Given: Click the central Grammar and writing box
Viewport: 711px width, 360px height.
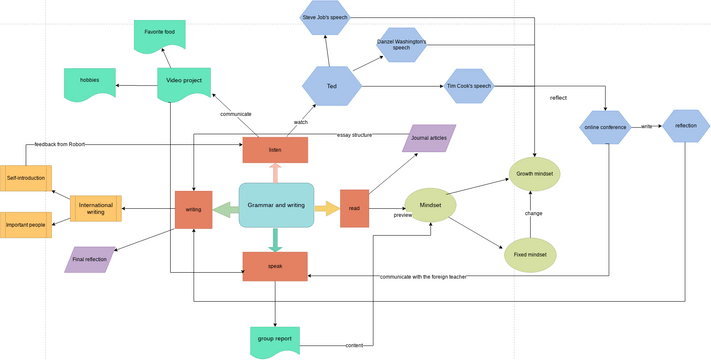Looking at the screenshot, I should tap(276, 204).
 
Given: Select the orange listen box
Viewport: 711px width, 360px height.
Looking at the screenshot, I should tap(275, 150).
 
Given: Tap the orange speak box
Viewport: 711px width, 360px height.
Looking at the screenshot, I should tap(275, 266).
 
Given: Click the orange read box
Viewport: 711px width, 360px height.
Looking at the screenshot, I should tap(355, 208).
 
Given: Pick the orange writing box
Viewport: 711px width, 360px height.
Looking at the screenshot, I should tap(193, 209).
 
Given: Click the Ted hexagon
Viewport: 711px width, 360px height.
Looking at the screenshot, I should tap(331, 87).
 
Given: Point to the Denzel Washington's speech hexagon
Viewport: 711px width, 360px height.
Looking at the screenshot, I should tap(401, 45).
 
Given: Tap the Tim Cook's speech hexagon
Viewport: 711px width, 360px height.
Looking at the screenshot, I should tap(468, 86).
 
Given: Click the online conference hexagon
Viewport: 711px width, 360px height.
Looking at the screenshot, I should tap(606, 127).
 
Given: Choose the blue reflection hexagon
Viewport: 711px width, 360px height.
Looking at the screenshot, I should tap(686, 126).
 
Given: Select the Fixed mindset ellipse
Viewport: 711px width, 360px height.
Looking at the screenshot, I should tap(531, 254).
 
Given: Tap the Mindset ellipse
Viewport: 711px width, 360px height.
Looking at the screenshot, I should tap(430, 205).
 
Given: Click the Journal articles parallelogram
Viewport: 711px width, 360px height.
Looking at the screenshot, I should tap(429, 138).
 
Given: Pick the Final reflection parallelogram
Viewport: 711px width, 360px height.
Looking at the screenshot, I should tap(90, 259).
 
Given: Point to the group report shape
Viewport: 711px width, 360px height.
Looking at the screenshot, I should tap(275, 340).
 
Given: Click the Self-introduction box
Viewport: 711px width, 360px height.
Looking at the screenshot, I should tap(26, 179).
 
